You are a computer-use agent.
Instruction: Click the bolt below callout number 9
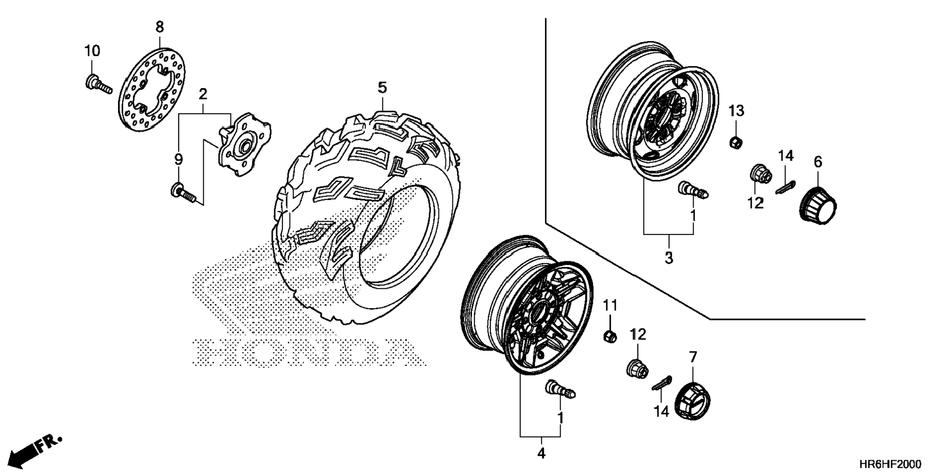tap(184, 193)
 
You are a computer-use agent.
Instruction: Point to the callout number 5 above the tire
tap(382, 88)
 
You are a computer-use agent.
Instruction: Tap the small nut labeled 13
tap(735, 142)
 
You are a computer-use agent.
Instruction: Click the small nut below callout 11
tap(610, 337)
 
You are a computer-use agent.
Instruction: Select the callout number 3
tap(668, 257)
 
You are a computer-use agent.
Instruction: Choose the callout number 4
tap(541, 453)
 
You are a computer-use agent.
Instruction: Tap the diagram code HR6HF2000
tap(890, 464)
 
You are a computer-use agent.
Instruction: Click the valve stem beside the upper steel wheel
tap(693, 190)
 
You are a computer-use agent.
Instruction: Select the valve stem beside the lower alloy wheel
tap(560, 389)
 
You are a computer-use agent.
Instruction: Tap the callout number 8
tap(159, 27)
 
